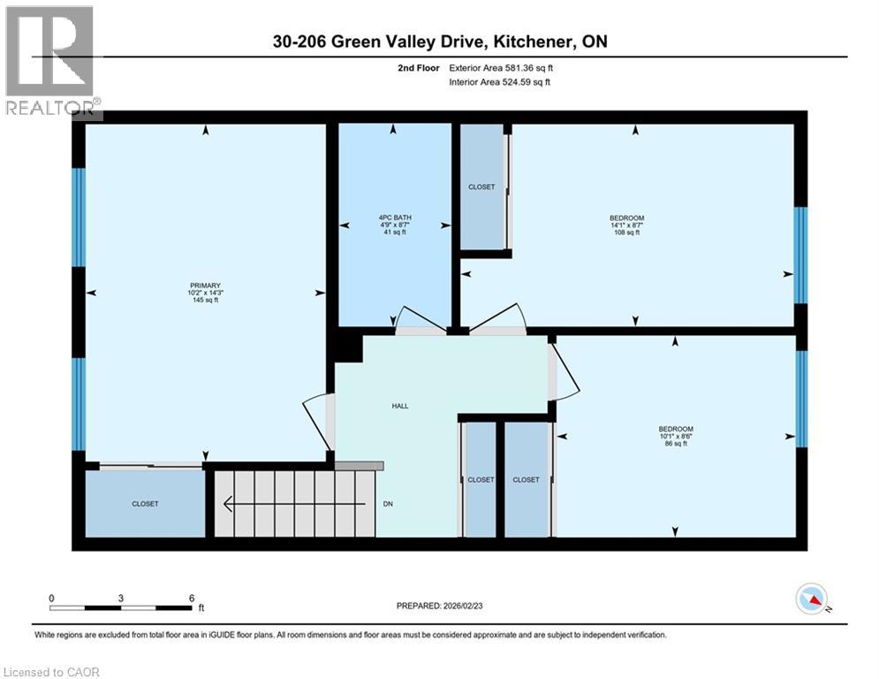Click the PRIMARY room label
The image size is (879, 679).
coord(203,292)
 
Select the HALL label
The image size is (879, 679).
coord(400,406)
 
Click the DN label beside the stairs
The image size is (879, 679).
coord(388,504)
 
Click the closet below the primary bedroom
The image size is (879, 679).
coord(145,503)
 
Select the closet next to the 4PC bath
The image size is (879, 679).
coord(482,187)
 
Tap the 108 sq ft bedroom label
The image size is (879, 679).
coord(626,225)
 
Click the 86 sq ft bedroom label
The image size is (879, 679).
coord(675,436)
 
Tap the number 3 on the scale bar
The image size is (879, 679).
coord(121,598)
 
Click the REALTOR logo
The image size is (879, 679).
coord(51,60)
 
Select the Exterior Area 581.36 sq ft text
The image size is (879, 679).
coord(501,67)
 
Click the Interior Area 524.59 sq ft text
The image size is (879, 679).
coord(501,83)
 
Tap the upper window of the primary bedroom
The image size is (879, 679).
coord(78,217)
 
